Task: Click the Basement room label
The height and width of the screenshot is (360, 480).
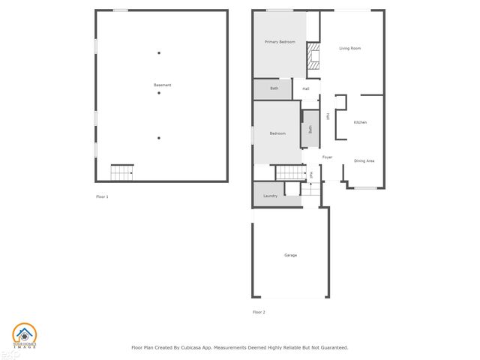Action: point(162,85)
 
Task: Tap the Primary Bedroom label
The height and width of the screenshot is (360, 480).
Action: point(279,42)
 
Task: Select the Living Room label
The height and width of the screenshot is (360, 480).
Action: point(349,48)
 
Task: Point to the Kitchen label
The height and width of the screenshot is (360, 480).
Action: point(360,121)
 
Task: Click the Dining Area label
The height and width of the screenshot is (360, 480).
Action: point(364,160)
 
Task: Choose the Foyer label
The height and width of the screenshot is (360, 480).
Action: point(327,157)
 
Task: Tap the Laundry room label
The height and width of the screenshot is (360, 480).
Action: point(271,196)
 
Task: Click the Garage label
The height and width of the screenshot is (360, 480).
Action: point(290,255)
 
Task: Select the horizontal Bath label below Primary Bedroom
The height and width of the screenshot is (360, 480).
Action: point(274,88)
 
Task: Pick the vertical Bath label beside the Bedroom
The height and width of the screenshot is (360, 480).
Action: point(310,129)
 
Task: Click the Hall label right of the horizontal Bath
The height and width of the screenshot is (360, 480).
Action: point(306,88)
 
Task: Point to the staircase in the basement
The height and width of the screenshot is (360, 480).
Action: point(121,172)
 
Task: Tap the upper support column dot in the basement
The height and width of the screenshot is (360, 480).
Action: point(158,52)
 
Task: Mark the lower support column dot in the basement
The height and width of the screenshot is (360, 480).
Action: point(158,137)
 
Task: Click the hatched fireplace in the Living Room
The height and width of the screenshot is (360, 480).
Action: point(314,57)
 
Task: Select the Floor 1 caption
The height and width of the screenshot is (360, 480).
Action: point(102,196)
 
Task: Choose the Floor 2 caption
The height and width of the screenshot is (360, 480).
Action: point(259,311)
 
